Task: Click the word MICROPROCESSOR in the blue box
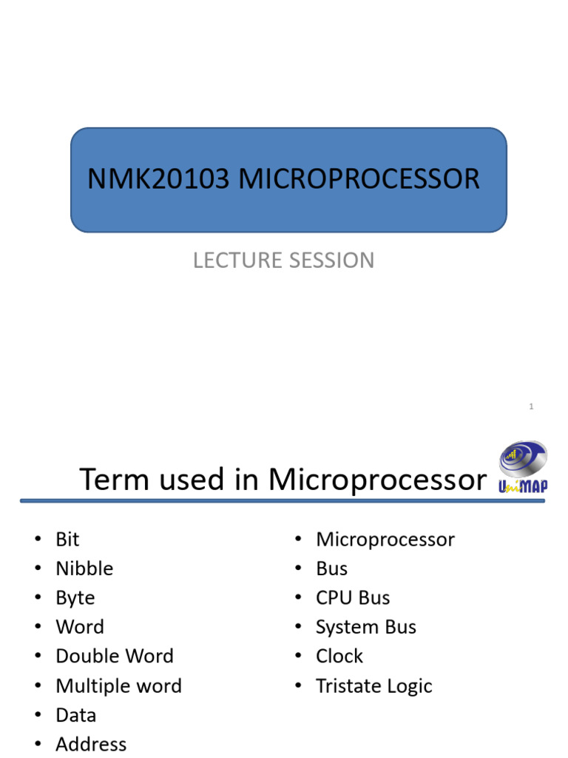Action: coord(359,180)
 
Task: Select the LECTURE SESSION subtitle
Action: coord(283,261)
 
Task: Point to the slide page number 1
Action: coord(531,406)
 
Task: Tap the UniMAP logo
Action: coord(522,468)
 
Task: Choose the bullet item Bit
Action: coord(67,540)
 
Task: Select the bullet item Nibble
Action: coord(84,568)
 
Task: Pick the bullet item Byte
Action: coord(75,598)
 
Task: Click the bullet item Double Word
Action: coord(115,657)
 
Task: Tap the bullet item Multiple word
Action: coord(118,686)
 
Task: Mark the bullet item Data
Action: coord(75,715)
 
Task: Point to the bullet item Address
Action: coord(91,744)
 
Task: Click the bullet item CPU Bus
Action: coord(353,598)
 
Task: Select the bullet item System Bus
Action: coord(366,627)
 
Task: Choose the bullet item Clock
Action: coord(339,657)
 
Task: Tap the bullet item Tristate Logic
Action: coord(373,686)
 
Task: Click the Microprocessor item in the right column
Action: coord(385,540)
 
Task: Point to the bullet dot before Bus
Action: coord(298,569)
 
